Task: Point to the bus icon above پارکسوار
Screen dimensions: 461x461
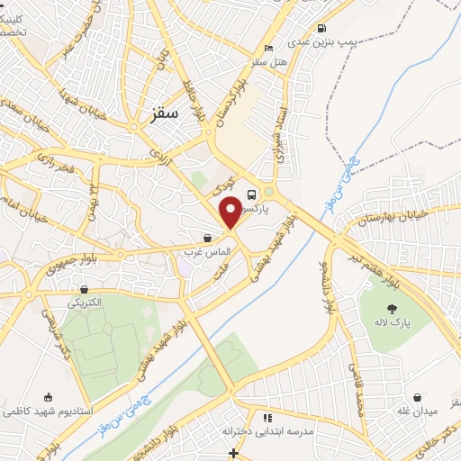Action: pyautogui.click(x=251, y=194)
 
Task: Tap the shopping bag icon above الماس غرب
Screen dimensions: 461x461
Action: pyautogui.click(x=208, y=239)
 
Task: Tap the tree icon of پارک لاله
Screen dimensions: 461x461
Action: pyautogui.click(x=389, y=309)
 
